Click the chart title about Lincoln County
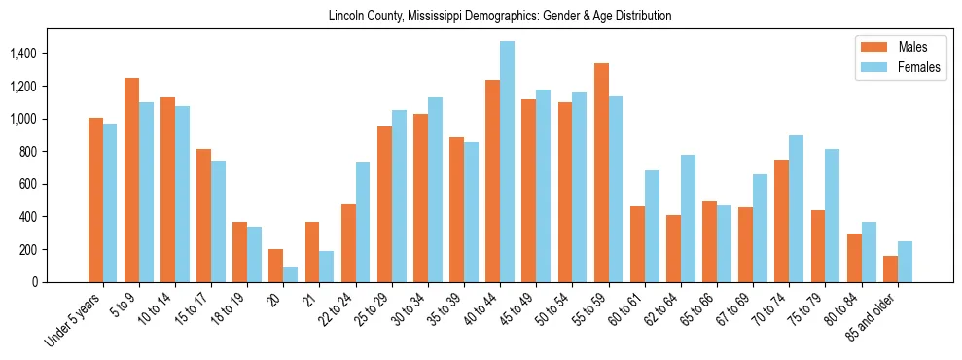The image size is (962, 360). point(500,17)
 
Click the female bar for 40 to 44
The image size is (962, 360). point(507,162)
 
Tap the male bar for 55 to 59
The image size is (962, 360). point(601,172)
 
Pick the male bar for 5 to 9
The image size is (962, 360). point(131,180)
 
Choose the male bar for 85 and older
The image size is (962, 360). point(891,269)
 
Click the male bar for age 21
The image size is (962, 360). point(312,252)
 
